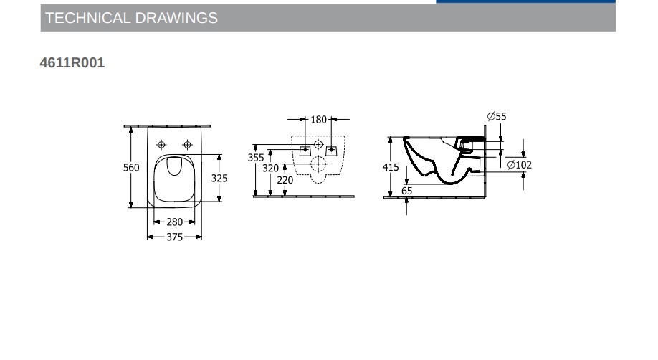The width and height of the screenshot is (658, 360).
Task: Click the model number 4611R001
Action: pyautogui.click(x=72, y=63)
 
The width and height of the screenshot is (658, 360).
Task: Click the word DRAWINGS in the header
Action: pyautogui.click(x=177, y=19)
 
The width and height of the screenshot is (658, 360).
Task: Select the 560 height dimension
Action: pyautogui.click(x=131, y=168)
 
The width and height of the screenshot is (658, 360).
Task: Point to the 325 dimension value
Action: pyautogui.click(x=219, y=178)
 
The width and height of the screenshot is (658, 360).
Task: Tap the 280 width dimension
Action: pyautogui.click(x=175, y=222)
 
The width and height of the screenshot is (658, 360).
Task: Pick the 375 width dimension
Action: pyautogui.click(x=175, y=237)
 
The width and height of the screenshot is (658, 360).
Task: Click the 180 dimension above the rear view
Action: pyautogui.click(x=318, y=120)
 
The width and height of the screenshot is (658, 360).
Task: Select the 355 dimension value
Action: pyautogui.click(x=256, y=158)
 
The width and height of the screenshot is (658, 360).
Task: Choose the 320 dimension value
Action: pyautogui.click(x=270, y=169)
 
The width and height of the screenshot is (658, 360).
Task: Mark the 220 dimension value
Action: pyautogui.click(x=285, y=181)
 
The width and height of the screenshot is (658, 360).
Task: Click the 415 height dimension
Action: pyautogui.click(x=390, y=167)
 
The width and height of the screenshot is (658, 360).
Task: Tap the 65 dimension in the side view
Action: pyautogui.click(x=407, y=191)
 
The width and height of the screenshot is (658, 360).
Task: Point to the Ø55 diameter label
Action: pyautogui.click(x=497, y=116)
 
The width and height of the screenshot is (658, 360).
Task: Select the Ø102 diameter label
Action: pyautogui.click(x=519, y=165)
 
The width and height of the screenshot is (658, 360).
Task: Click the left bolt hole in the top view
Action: pyautogui.click(x=162, y=143)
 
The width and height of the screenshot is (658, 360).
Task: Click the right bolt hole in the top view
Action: pyautogui.click(x=187, y=143)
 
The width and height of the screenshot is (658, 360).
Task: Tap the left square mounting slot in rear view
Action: pyautogui.click(x=305, y=151)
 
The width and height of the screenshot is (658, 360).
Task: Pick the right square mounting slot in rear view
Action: pyautogui.click(x=331, y=151)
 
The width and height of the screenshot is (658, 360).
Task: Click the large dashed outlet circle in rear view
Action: pyautogui.click(x=318, y=165)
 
